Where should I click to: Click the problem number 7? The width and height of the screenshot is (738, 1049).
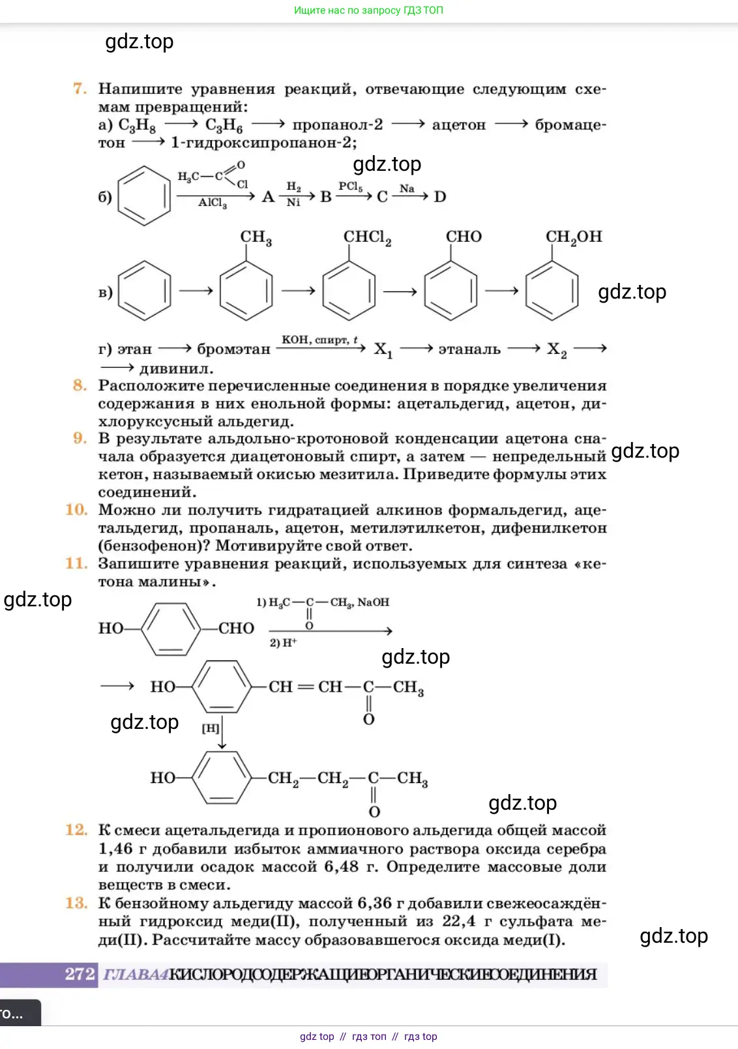point(80,89)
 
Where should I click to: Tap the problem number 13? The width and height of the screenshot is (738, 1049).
point(76,903)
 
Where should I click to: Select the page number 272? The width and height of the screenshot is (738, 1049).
point(80,974)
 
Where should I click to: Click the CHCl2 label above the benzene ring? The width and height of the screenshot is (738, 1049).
point(367,237)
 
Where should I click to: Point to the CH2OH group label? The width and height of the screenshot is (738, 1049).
point(574,237)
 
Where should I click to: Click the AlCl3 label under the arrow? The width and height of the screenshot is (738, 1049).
point(213,203)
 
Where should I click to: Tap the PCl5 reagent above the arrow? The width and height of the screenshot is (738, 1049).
point(351,186)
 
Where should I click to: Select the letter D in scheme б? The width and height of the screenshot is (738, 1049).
point(440,197)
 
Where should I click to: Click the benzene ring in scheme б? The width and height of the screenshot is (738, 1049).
point(144,196)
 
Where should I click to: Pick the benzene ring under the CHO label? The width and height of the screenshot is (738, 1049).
point(450,290)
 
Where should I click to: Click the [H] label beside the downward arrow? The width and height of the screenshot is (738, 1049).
point(210,728)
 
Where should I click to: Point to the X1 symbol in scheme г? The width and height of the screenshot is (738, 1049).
point(383,349)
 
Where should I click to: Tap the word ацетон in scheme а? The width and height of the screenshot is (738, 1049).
point(459,125)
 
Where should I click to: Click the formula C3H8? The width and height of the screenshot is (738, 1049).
point(137,125)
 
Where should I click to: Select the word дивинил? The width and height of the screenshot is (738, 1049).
point(176,368)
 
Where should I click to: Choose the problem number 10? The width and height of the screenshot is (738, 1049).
point(76,510)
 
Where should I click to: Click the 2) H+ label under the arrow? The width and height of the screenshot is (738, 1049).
point(283,643)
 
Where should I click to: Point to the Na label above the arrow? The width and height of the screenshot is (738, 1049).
point(407,188)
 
